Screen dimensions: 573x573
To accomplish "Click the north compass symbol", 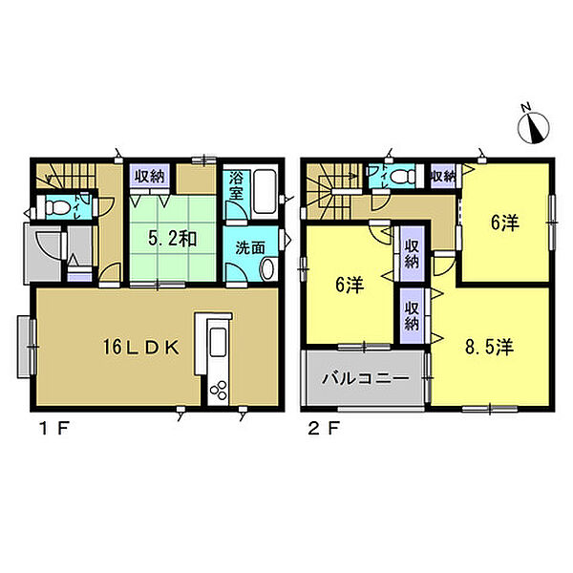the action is click(x=533, y=125).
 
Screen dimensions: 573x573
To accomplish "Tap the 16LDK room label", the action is click(x=141, y=348).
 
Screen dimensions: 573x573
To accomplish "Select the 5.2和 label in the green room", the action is click(x=173, y=239).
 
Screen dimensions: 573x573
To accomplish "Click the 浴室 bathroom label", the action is click(x=236, y=186).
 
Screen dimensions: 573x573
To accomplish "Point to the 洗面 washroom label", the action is click(x=250, y=248).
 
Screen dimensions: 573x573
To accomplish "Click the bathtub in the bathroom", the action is click(x=265, y=191).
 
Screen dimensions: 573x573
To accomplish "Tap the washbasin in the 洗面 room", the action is click(x=268, y=268).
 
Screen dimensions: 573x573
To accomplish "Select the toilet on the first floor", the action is click(x=57, y=208).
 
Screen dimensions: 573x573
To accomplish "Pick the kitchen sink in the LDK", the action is click(x=219, y=341).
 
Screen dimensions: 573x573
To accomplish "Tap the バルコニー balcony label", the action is click(x=366, y=378).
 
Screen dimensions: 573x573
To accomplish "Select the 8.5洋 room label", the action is click(x=490, y=347).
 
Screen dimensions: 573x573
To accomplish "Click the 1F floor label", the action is click(x=54, y=428).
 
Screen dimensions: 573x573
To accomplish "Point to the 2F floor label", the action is click(x=324, y=428).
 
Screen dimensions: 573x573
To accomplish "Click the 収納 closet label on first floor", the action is click(x=150, y=177).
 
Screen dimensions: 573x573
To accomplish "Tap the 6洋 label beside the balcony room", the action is click(x=350, y=285).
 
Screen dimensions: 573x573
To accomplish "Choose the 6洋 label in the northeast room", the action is click(x=505, y=223).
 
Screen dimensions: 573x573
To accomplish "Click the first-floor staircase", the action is click(x=66, y=176).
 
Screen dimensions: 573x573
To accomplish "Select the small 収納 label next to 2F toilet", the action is click(x=443, y=177).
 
